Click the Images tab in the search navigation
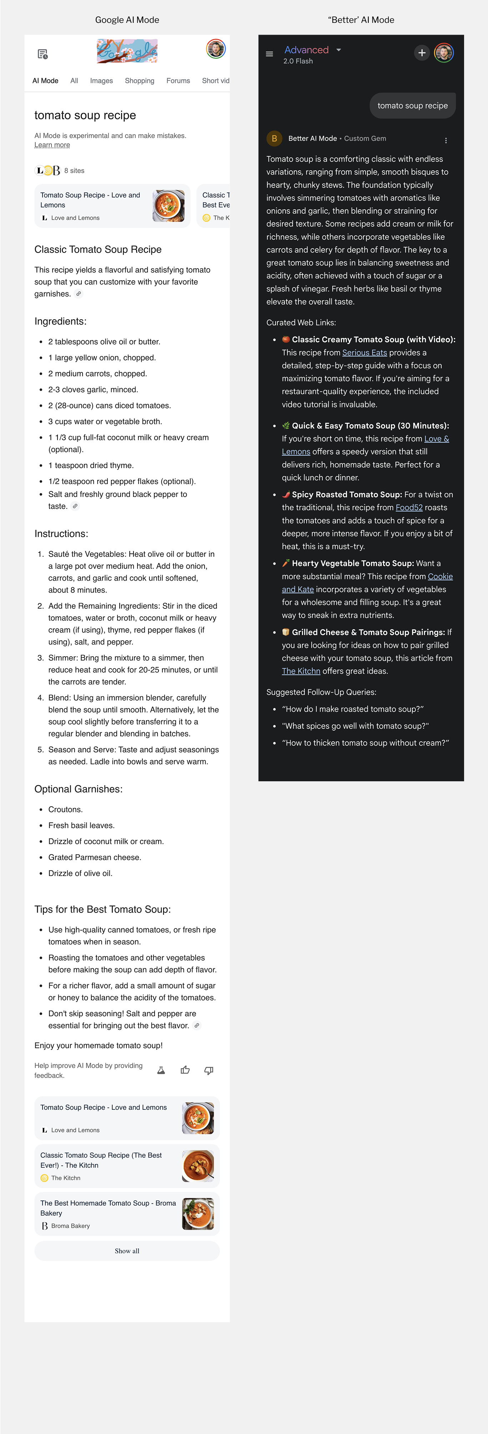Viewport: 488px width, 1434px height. pyautogui.click(x=101, y=81)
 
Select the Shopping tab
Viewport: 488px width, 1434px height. pyautogui.click(x=140, y=81)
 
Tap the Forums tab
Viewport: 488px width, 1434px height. pyautogui.click(x=178, y=81)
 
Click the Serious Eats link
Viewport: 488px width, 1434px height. pyautogui.click(x=364, y=352)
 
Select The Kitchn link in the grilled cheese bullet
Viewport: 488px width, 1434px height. pyautogui.click(x=301, y=671)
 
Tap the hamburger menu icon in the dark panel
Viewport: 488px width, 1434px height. pyautogui.click(x=269, y=54)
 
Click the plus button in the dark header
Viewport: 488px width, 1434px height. pyautogui.click(x=422, y=53)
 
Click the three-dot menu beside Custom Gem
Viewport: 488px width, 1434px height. pyautogui.click(x=446, y=140)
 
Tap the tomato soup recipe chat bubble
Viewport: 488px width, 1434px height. pyautogui.click(x=412, y=106)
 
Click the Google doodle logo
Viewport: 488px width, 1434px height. pyautogui.click(x=127, y=51)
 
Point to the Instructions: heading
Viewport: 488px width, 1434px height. pyautogui.click(x=61, y=534)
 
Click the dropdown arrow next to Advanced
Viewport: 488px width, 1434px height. pyautogui.click(x=339, y=50)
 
